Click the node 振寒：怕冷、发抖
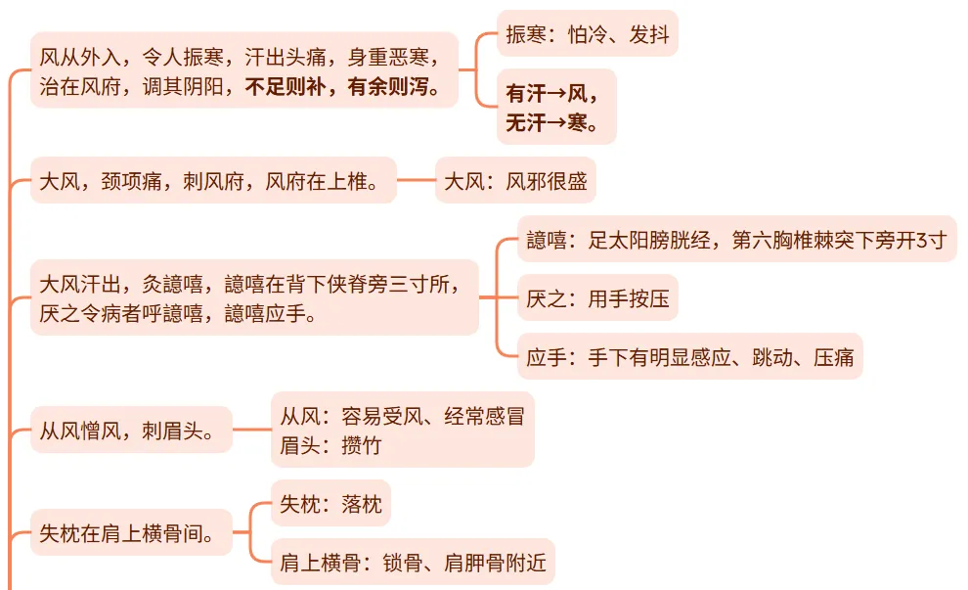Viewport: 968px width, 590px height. coord(587,35)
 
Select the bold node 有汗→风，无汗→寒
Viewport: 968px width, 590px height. coord(556,107)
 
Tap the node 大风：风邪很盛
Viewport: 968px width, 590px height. coord(514,181)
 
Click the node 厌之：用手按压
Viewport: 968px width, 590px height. coord(596,298)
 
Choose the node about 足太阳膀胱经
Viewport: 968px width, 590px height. coord(735,240)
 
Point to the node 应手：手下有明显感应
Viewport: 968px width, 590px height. coord(689,357)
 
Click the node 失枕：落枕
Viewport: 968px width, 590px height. coord(330,505)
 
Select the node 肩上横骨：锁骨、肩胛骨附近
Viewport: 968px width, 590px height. coord(411,563)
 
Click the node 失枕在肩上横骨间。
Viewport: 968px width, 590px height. coord(131,533)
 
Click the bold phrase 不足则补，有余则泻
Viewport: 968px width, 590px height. coord(350,88)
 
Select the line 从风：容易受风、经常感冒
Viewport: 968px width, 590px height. coord(402,416)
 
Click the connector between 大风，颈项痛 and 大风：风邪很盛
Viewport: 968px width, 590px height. coord(416,181)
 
